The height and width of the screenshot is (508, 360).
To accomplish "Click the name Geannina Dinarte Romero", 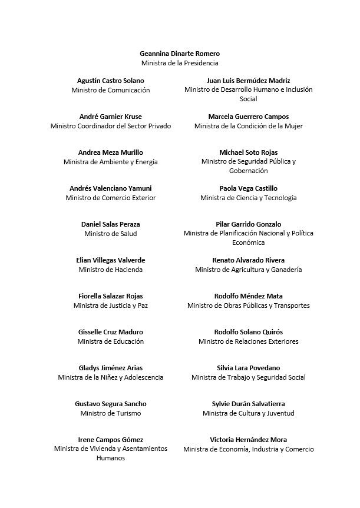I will (180, 54).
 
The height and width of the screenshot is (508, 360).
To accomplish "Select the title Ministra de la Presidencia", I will (180, 63).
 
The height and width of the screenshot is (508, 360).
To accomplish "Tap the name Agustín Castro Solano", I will (111, 81).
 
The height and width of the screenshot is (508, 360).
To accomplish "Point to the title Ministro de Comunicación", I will (111, 90).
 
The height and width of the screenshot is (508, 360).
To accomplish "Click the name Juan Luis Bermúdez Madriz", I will (248, 81).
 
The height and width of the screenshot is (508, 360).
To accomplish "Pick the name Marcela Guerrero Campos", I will (248, 117).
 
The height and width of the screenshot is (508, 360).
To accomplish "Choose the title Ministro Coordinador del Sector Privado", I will (111, 126).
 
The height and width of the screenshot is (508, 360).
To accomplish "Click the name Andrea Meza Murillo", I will (111, 152).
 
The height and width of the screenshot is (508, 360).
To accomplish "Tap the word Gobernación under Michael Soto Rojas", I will (248, 171).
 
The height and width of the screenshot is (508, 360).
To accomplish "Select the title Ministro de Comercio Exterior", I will (111, 198).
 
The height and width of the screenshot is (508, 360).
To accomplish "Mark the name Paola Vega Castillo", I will (248, 188).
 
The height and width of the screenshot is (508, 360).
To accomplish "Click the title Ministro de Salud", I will (111, 234).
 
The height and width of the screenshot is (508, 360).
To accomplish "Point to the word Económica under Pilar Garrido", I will (248, 243).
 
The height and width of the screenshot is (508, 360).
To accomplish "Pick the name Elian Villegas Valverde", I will (111, 260).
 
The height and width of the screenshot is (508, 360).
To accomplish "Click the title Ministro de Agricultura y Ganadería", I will (248, 270).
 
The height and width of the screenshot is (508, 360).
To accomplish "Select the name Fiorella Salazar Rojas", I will (111, 296).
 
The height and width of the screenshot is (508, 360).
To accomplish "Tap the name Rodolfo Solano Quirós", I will (248, 332).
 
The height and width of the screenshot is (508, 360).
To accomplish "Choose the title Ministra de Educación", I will (111, 341).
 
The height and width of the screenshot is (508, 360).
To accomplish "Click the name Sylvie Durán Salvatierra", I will (248, 404).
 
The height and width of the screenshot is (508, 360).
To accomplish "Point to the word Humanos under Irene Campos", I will (111, 458).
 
